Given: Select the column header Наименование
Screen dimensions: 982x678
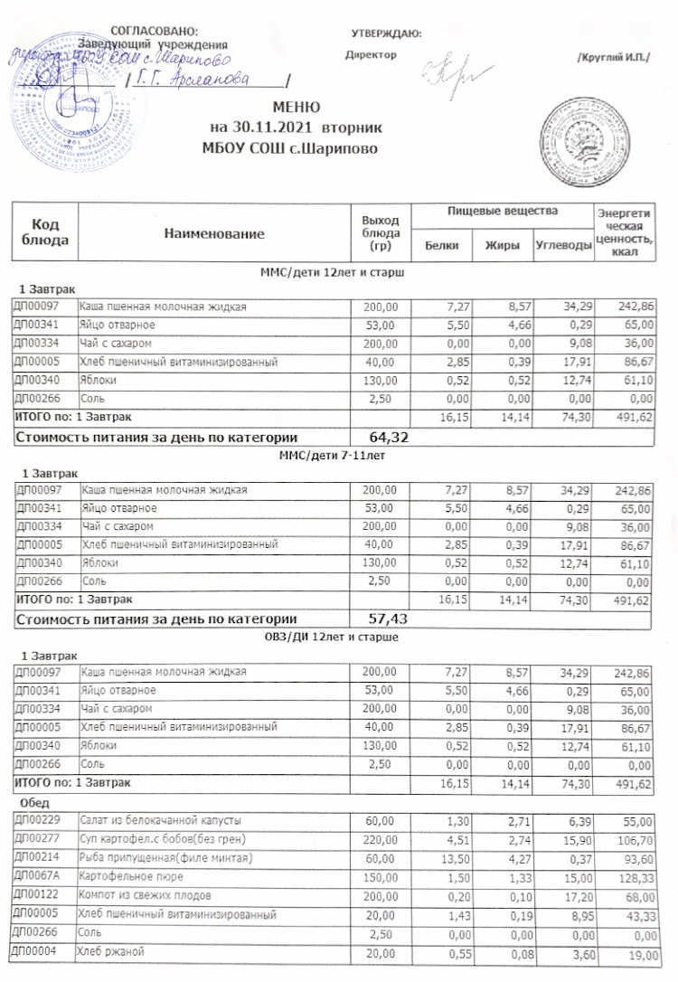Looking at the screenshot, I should pyautogui.click(x=215, y=234).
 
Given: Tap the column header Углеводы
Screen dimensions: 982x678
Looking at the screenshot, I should pyautogui.click(x=560, y=245).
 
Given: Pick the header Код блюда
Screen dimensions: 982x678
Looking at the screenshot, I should pyautogui.click(x=45, y=233).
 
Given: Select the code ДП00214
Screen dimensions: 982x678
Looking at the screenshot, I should pyautogui.click(x=36, y=856).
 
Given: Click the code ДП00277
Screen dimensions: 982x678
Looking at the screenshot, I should pyautogui.click(x=36, y=838).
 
